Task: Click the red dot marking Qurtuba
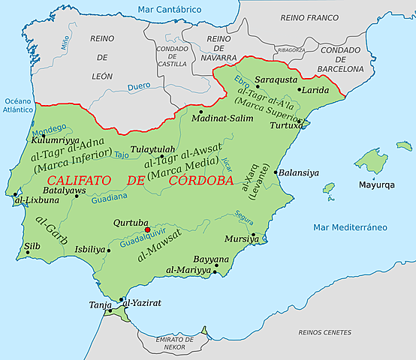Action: point(147,230)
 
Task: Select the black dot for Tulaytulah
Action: point(161,156)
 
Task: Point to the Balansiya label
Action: point(299,172)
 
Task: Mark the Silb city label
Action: point(32,244)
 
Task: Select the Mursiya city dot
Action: point(254,235)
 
